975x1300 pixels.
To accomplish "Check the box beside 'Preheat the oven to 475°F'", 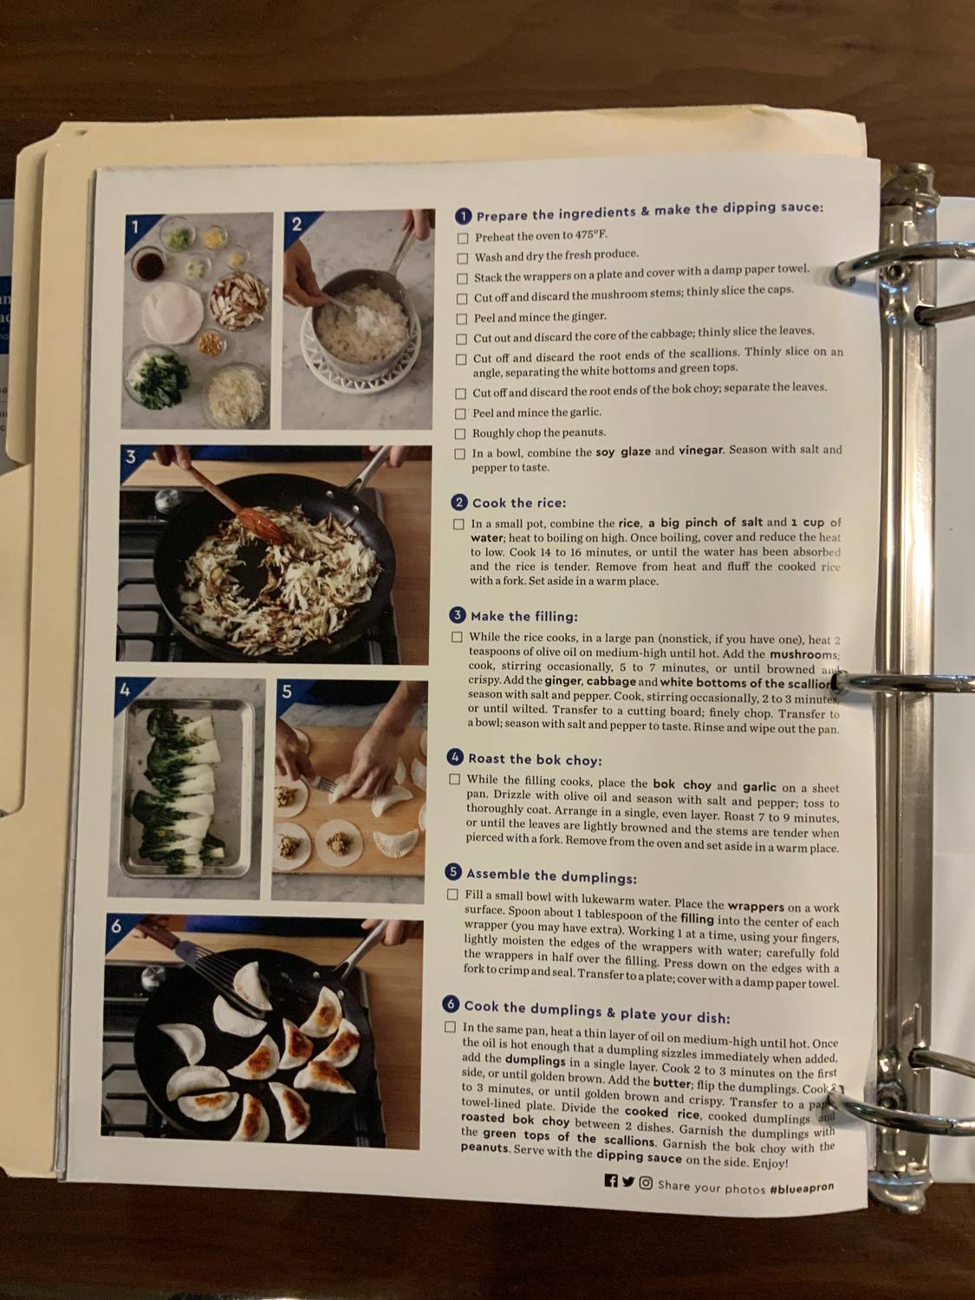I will (x=463, y=237).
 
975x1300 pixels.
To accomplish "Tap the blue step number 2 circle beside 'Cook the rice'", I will (x=460, y=503).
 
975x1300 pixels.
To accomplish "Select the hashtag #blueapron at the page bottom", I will (x=802, y=1187).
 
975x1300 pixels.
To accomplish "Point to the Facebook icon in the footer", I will (x=611, y=1180).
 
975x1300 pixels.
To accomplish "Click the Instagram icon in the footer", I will (x=646, y=1183).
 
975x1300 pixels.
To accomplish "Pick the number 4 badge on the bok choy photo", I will (x=126, y=690).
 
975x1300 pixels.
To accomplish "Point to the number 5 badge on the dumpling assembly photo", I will (x=287, y=692).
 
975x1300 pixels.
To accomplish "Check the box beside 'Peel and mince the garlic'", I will (x=461, y=413).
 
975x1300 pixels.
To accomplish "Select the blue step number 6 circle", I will (x=451, y=1004).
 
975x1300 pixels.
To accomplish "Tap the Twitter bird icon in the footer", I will (x=628, y=1181).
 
